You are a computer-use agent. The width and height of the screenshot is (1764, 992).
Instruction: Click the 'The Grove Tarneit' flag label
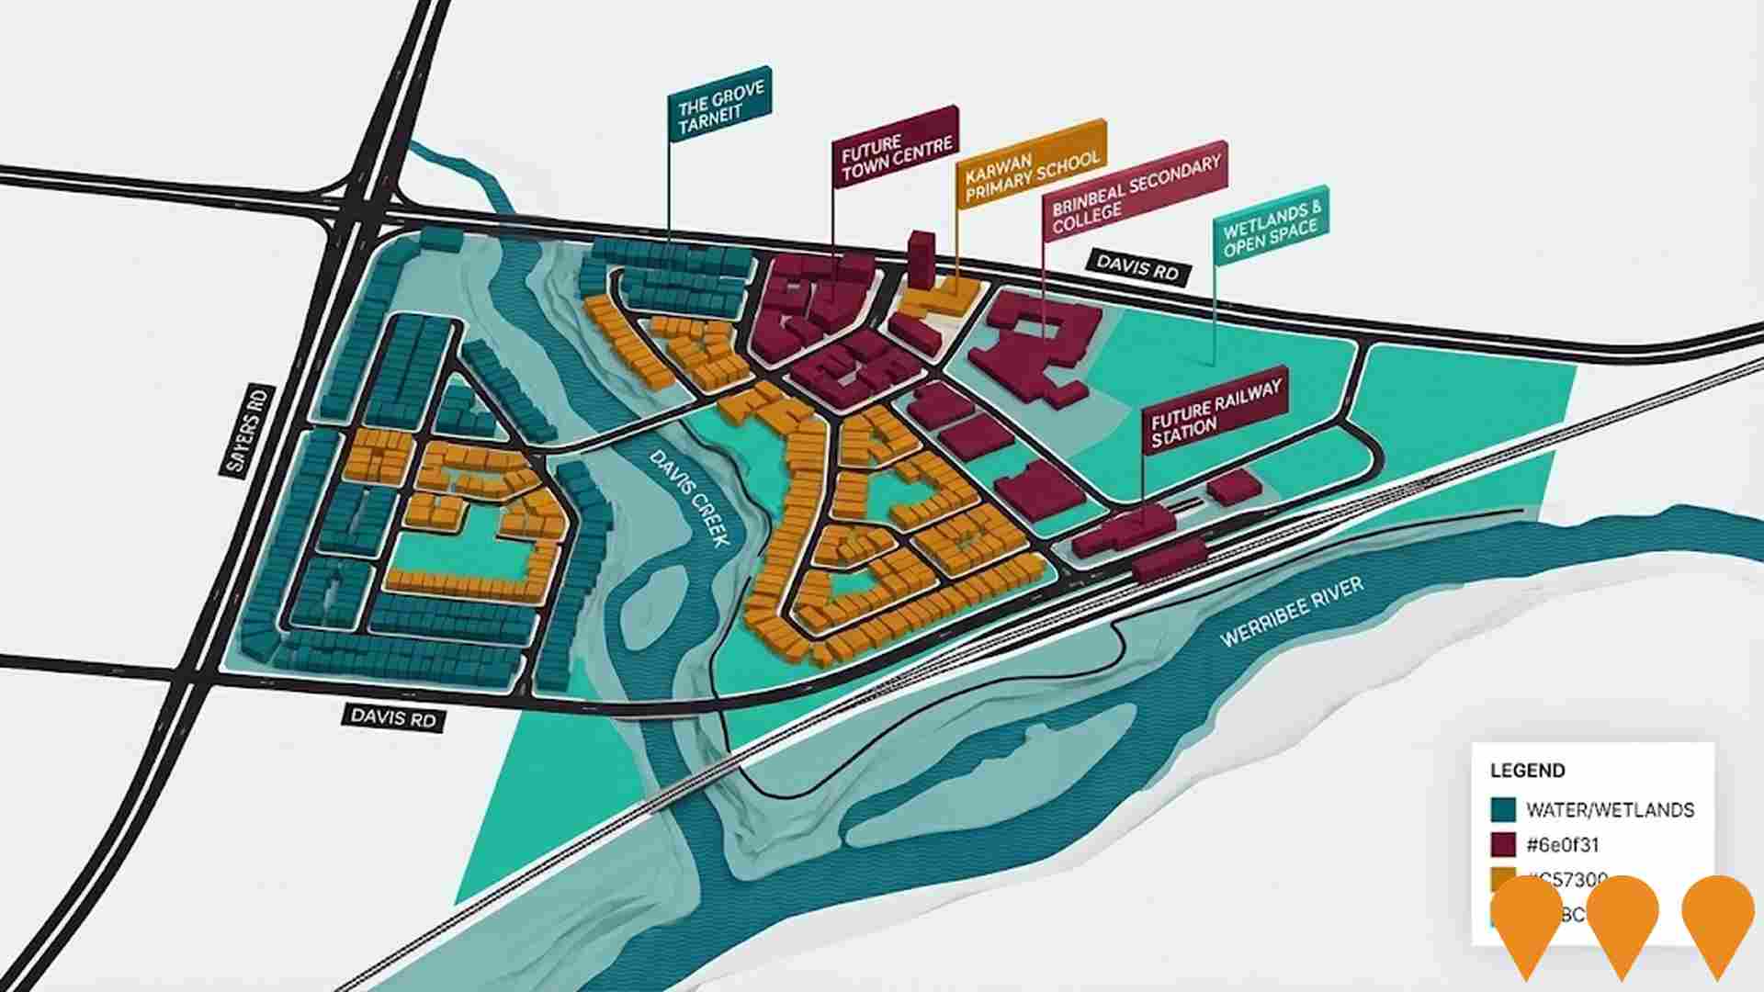(x=719, y=106)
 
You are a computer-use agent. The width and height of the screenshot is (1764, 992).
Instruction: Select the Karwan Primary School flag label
(x=1031, y=163)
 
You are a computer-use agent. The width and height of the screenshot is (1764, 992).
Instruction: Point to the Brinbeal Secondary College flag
(x=1135, y=190)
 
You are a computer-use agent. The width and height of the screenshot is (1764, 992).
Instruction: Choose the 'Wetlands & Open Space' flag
(x=1271, y=226)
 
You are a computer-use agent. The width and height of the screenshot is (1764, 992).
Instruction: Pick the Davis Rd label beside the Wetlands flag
(x=1137, y=267)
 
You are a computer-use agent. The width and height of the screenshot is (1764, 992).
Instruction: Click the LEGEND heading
(x=1527, y=771)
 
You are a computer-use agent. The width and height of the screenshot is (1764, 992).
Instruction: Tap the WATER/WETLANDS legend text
(x=1610, y=809)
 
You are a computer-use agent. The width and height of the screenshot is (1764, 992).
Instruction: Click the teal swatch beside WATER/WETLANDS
(x=1503, y=809)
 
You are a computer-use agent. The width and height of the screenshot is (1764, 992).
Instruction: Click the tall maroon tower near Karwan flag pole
(x=921, y=259)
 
